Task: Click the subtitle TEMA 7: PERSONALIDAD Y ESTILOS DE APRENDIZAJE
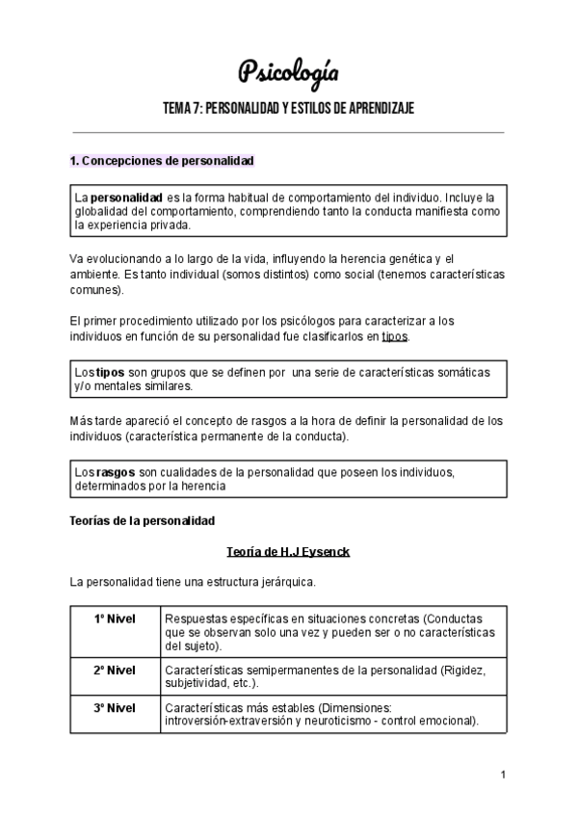(x=288, y=108)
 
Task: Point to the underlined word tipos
(x=394, y=336)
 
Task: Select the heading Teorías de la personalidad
(x=143, y=520)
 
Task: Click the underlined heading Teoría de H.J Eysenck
(x=288, y=553)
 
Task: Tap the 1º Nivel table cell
(x=115, y=618)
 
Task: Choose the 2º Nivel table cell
(x=115, y=670)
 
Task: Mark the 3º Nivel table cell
(x=115, y=707)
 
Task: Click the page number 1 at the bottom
(x=503, y=775)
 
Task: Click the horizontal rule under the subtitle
(x=288, y=133)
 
